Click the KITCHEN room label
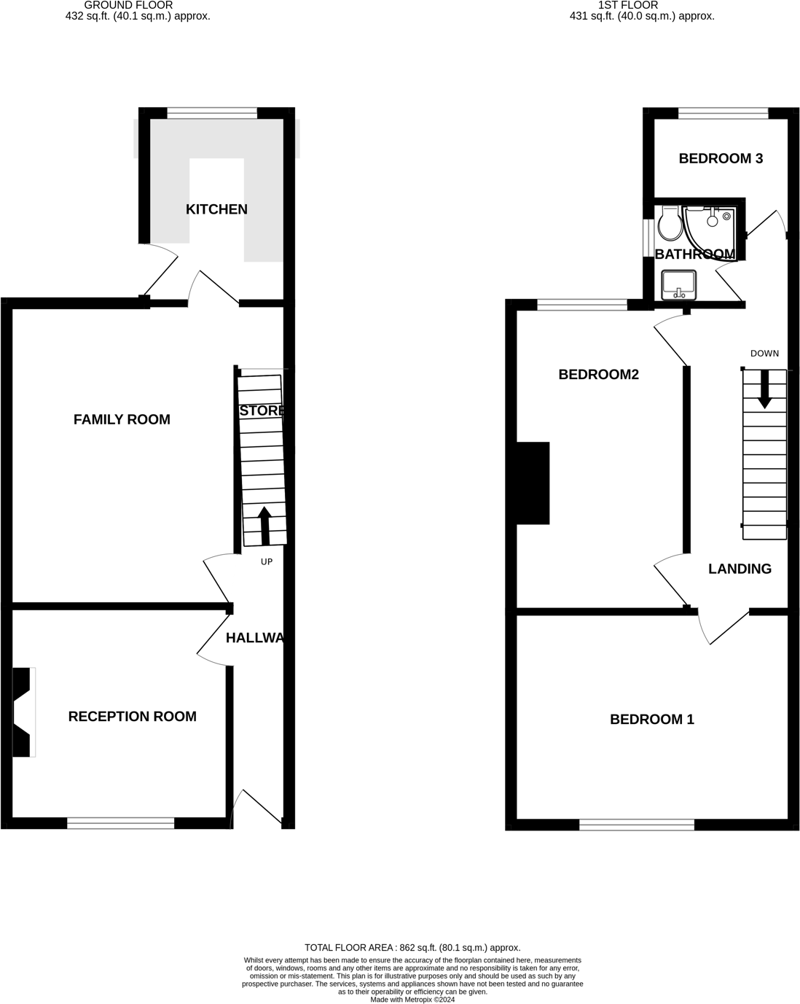(216, 209)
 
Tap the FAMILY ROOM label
(122, 419)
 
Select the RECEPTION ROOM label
(132, 717)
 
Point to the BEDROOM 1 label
(651, 720)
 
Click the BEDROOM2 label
(598, 374)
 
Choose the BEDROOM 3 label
(721, 158)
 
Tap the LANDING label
(740, 569)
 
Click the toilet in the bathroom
(668, 223)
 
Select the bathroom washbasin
(679, 284)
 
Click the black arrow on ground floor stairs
(264, 525)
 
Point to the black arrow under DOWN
(764, 389)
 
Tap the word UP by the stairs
(267, 562)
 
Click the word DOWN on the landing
(764, 354)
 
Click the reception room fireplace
(23, 712)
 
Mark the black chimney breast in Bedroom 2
(533, 483)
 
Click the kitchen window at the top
(212, 112)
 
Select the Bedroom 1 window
(637, 825)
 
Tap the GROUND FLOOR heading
(129, 5)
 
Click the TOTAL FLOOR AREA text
(412, 948)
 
